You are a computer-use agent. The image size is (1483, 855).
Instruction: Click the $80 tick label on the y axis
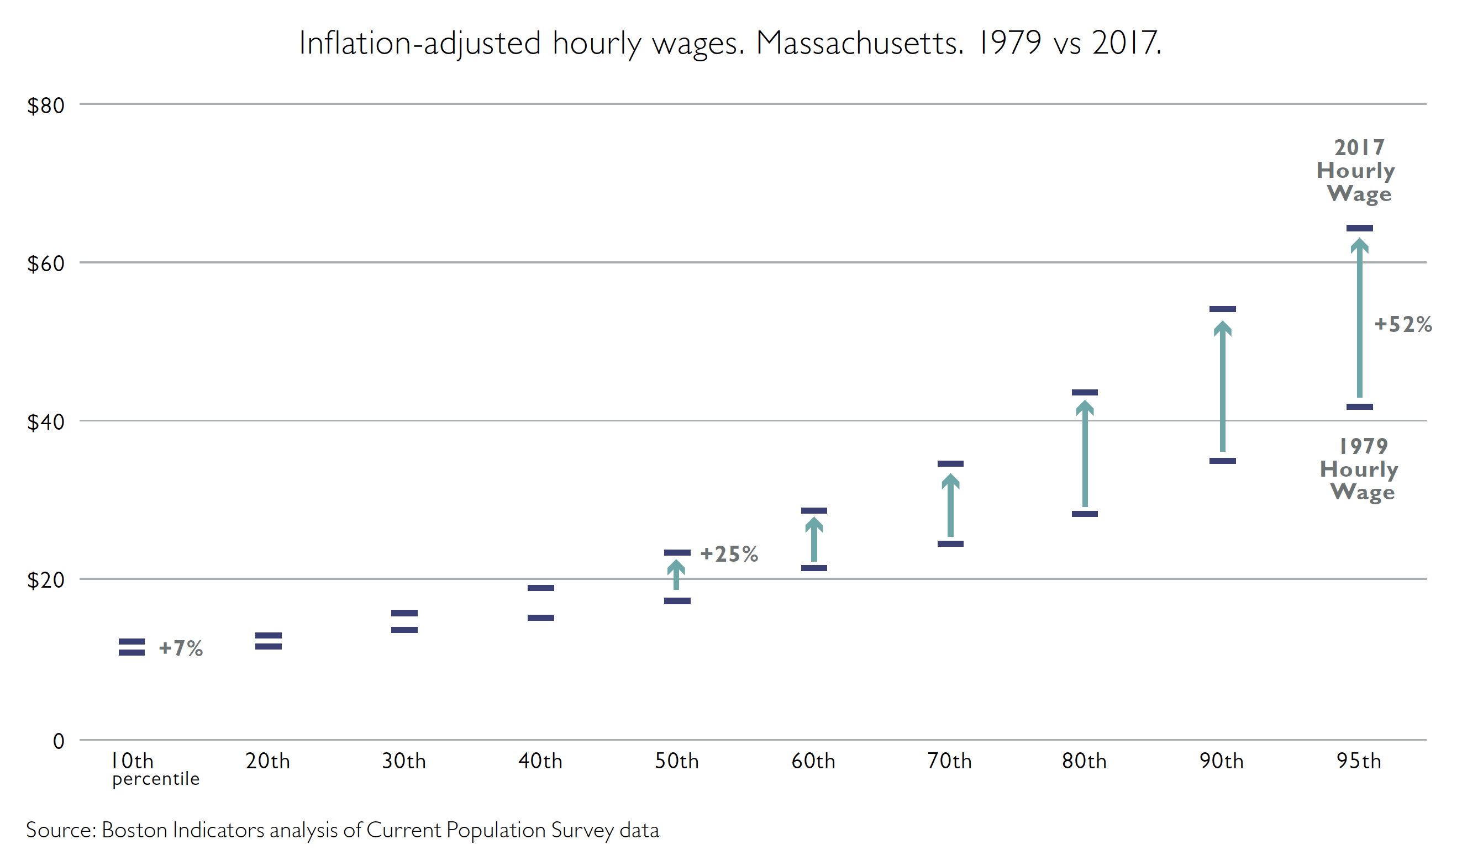click(x=45, y=105)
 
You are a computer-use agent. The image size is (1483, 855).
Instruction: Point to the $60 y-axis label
click(x=45, y=263)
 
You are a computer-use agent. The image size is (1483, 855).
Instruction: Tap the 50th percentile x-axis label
click(x=677, y=761)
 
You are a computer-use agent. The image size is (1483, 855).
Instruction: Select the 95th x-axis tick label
click(x=1359, y=761)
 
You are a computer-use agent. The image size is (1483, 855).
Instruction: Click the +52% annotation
click(x=1403, y=324)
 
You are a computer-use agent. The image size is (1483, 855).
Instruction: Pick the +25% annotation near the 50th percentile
click(x=729, y=554)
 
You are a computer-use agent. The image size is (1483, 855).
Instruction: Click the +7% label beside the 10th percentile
click(x=181, y=648)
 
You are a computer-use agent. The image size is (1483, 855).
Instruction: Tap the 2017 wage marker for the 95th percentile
click(x=1359, y=228)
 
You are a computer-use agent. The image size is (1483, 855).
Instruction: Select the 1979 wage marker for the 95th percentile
click(x=1359, y=407)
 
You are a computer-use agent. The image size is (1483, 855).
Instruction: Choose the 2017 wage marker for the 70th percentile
click(x=950, y=464)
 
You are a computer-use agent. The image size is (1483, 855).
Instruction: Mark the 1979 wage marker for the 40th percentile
click(x=540, y=617)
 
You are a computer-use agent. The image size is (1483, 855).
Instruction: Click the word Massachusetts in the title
click(x=859, y=43)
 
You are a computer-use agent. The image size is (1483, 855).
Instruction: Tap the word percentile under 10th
click(x=156, y=779)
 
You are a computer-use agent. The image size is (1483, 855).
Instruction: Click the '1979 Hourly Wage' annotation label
click(x=1359, y=468)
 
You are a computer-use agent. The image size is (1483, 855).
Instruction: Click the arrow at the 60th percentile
click(x=813, y=539)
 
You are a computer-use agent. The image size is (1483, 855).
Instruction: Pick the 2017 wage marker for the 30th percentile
click(x=404, y=613)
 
